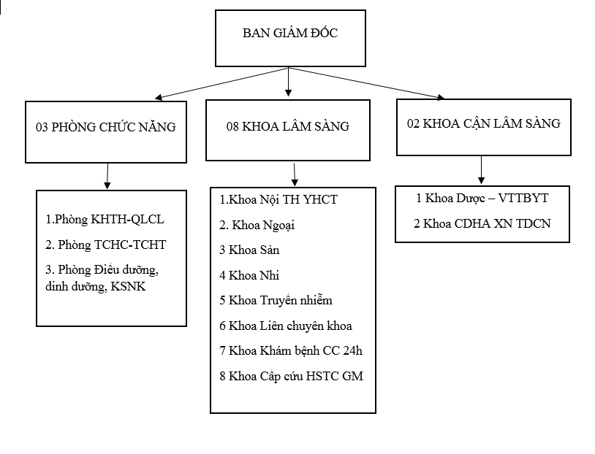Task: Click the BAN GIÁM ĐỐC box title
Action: [x=290, y=34]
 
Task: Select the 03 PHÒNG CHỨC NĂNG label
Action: [x=106, y=127]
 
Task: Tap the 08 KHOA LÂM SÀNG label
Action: [x=287, y=126]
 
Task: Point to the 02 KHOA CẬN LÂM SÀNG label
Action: [x=483, y=123]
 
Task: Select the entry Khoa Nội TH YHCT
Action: [x=278, y=199]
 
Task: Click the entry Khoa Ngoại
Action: [x=257, y=225]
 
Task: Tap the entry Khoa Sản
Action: [x=249, y=250]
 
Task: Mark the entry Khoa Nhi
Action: [x=249, y=275]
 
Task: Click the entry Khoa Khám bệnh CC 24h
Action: [x=291, y=351]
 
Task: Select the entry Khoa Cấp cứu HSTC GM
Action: [x=291, y=377]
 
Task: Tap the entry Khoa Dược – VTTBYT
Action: [x=482, y=198]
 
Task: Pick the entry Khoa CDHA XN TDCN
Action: [x=482, y=223]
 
